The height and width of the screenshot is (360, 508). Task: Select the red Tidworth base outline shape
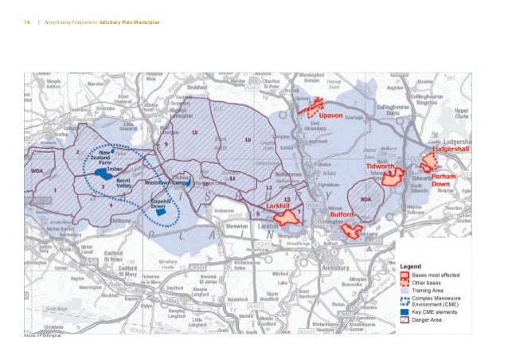coord(392,178)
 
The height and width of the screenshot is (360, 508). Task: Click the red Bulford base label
coord(341,213)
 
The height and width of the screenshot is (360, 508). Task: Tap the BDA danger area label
coord(365,199)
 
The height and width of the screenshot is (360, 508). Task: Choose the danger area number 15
coord(194,132)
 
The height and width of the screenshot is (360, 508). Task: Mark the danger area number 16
coord(248,140)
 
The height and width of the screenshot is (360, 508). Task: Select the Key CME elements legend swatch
coord(404,313)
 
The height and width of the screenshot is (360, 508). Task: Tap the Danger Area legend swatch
coord(404,323)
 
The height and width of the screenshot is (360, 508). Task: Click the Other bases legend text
coord(429,283)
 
